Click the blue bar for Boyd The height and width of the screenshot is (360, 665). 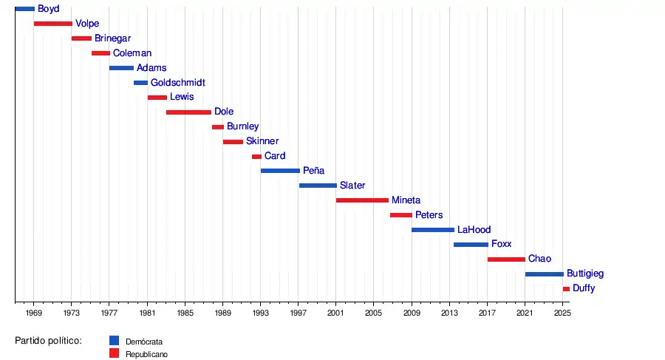point(24,9)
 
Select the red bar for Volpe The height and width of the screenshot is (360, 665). point(52,24)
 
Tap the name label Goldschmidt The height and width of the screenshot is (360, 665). point(178,82)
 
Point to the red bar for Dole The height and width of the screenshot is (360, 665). point(188,112)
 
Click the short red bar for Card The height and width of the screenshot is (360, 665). point(256,156)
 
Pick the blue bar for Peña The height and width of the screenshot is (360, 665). point(280,171)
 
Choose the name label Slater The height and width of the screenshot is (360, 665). point(352,186)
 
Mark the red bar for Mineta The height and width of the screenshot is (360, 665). point(362,200)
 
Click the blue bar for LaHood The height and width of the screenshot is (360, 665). point(433,229)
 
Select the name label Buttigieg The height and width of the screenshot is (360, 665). point(585,274)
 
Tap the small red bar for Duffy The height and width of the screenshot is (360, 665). point(566,288)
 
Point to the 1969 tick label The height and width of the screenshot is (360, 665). point(34,313)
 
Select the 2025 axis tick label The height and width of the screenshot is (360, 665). point(562,313)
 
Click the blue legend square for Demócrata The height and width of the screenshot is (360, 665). point(114,341)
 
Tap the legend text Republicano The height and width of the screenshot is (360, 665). point(146,355)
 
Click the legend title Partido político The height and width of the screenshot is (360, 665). point(48,341)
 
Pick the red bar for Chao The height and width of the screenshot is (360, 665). point(506,259)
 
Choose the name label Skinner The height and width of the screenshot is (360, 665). point(262,141)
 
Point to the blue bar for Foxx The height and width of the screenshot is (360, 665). point(471,244)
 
